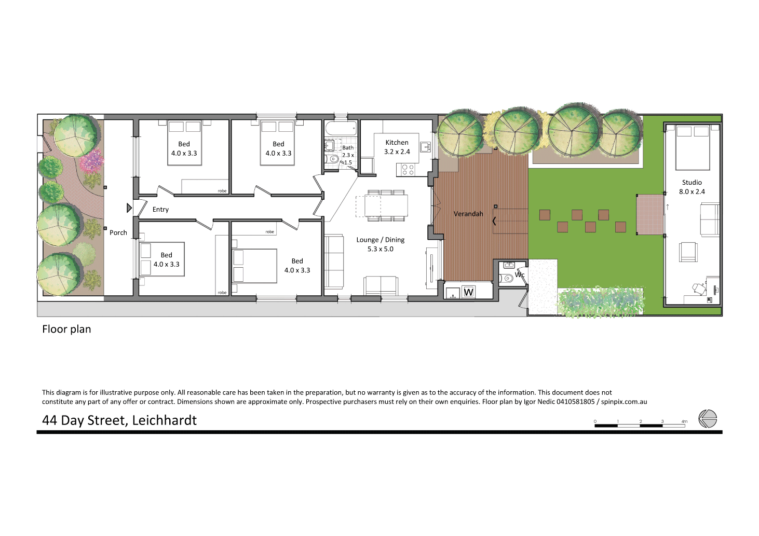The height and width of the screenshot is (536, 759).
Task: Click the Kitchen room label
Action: point(397,142)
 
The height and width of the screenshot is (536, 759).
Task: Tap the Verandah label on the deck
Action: point(468,214)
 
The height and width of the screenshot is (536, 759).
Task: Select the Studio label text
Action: point(692,183)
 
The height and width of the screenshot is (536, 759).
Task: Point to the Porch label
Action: point(118,232)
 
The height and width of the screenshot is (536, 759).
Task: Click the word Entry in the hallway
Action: point(160,210)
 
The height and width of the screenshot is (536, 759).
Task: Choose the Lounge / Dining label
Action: point(380,240)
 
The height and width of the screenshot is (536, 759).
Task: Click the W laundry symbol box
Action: point(468,292)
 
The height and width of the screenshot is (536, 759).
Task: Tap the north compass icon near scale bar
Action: point(707,418)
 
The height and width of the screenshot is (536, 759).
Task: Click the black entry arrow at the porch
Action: point(129,208)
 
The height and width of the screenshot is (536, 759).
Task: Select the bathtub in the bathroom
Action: point(341,128)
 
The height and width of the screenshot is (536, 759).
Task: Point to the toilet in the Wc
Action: point(507,279)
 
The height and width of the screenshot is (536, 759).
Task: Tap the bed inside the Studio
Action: point(692,147)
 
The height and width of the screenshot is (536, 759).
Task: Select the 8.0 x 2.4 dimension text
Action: point(692,192)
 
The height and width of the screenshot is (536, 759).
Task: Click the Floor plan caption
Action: point(66,329)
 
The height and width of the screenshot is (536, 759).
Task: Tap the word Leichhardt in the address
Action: point(164,420)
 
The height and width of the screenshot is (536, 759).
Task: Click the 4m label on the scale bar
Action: point(684,421)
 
